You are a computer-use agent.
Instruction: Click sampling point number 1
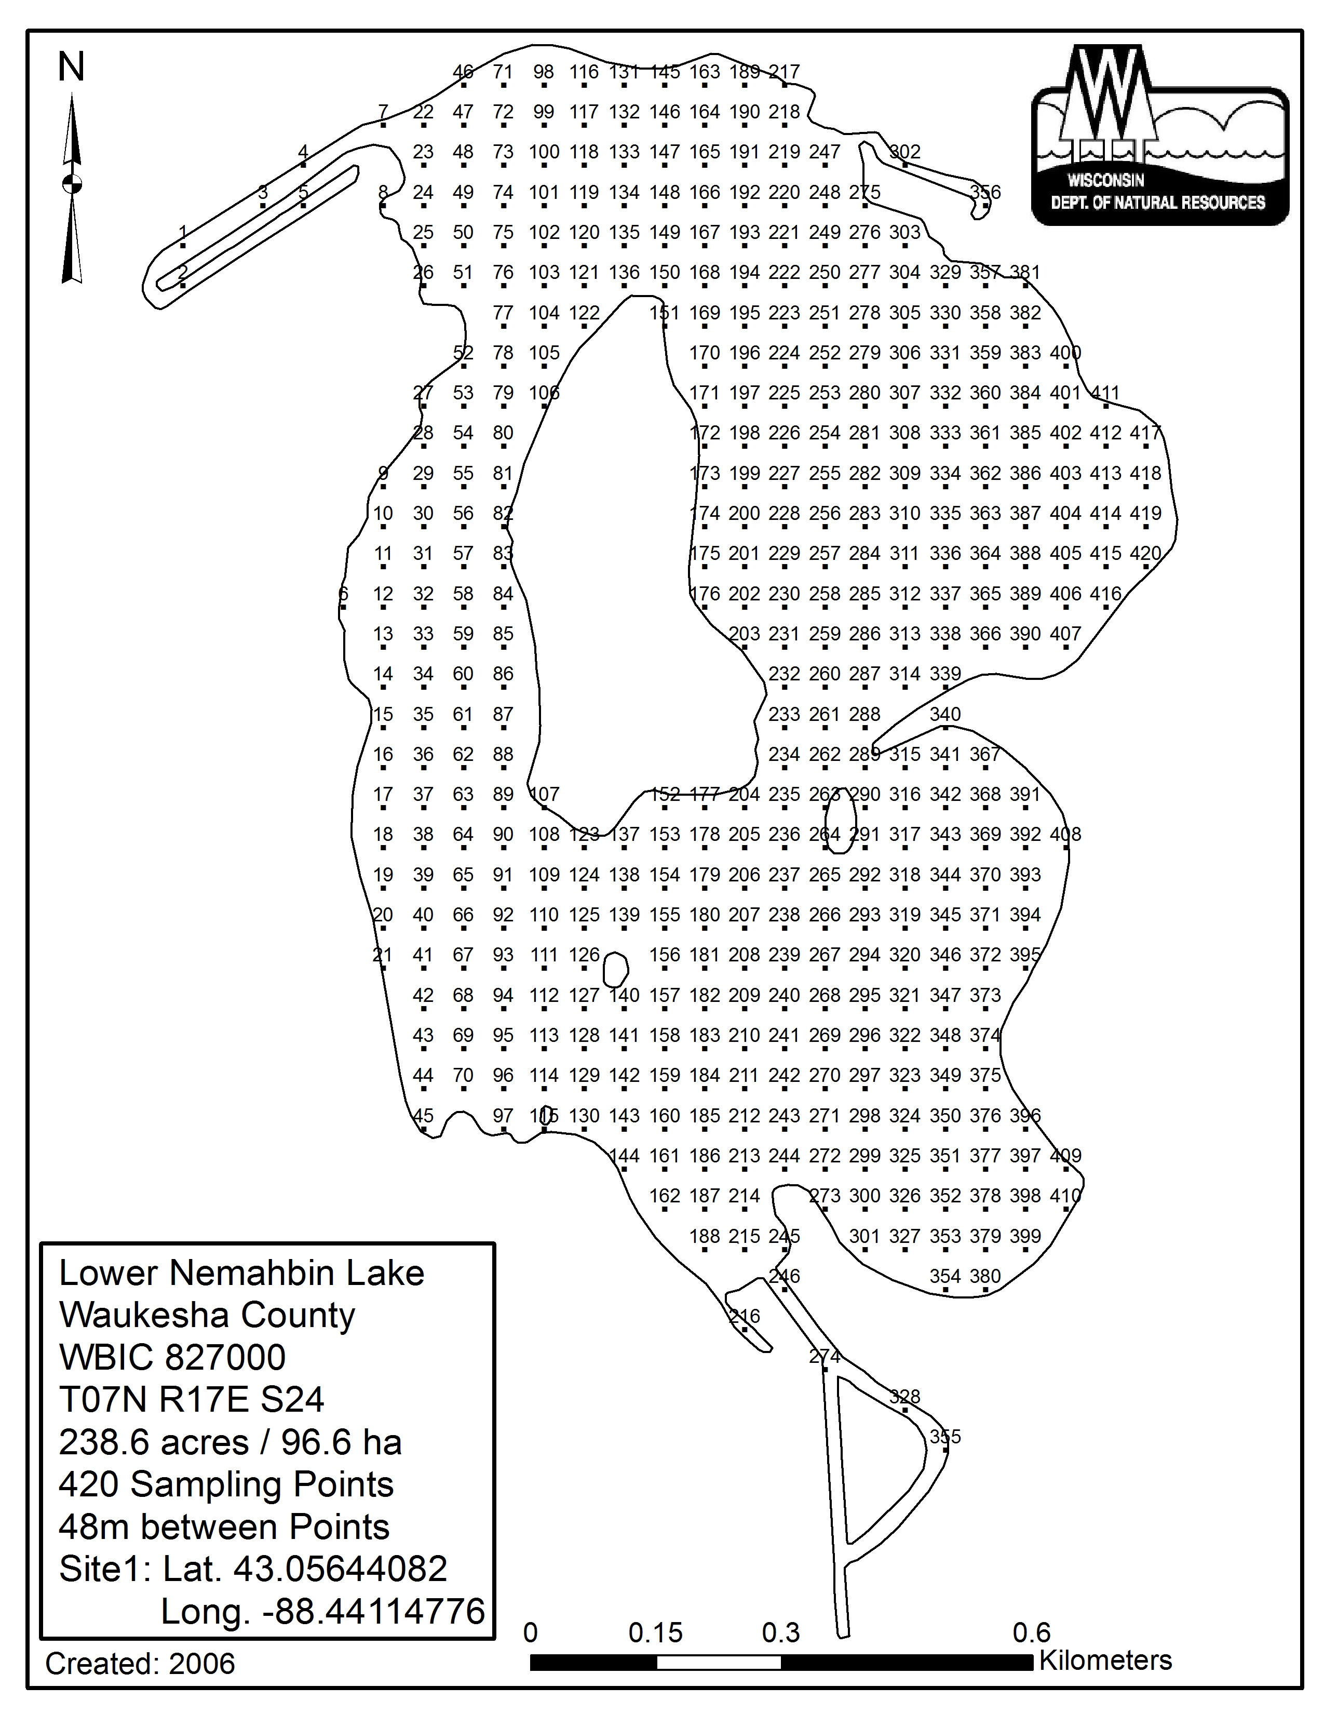183,233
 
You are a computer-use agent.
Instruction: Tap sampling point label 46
463,72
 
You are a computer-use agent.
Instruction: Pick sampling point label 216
745,1316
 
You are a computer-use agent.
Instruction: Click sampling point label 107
544,794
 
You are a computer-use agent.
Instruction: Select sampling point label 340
945,714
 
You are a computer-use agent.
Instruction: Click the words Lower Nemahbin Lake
241,1273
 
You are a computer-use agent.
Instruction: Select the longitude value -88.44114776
373,1611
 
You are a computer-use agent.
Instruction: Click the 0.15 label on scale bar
656,1633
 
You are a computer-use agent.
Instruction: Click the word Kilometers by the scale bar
1105,1660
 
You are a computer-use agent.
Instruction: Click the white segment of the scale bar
719,1662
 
